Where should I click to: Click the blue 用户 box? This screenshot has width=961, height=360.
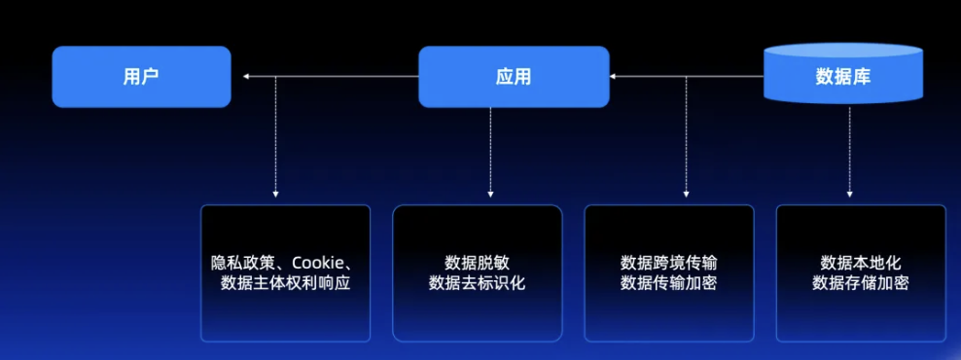[141, 76]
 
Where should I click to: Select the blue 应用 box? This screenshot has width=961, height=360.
[513, 76]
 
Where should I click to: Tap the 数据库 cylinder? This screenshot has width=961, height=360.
[842, 76]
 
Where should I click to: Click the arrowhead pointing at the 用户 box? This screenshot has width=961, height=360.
[247, 76]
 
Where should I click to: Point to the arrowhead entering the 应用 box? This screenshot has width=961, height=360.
[615, 76]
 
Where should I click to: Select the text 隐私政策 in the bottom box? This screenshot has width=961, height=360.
[242, 263]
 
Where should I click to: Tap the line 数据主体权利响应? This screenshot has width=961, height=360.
[286, 283]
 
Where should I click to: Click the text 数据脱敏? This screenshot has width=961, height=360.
[477, 263]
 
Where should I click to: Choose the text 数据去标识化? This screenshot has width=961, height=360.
[477, 283]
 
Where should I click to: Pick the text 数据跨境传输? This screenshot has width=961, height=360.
[669, 263]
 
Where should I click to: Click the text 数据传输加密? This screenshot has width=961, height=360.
[669, 283]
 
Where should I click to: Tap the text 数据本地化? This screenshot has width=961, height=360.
[861, 263]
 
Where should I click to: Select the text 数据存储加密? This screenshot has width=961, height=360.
[861, 283]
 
